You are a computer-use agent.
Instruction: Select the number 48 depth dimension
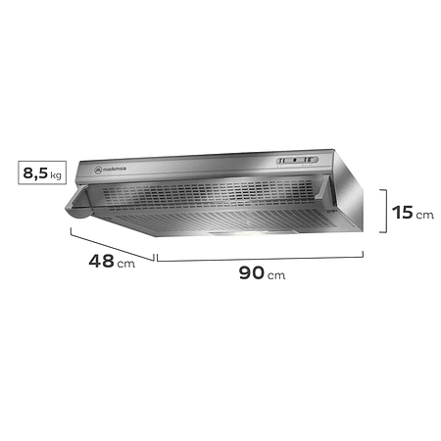(99, 262)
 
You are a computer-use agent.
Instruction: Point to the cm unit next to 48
(126, 265)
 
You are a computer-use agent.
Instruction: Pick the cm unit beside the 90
(276, 275)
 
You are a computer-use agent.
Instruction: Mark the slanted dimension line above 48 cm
(111, 243)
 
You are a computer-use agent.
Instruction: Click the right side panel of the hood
(356, 201)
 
